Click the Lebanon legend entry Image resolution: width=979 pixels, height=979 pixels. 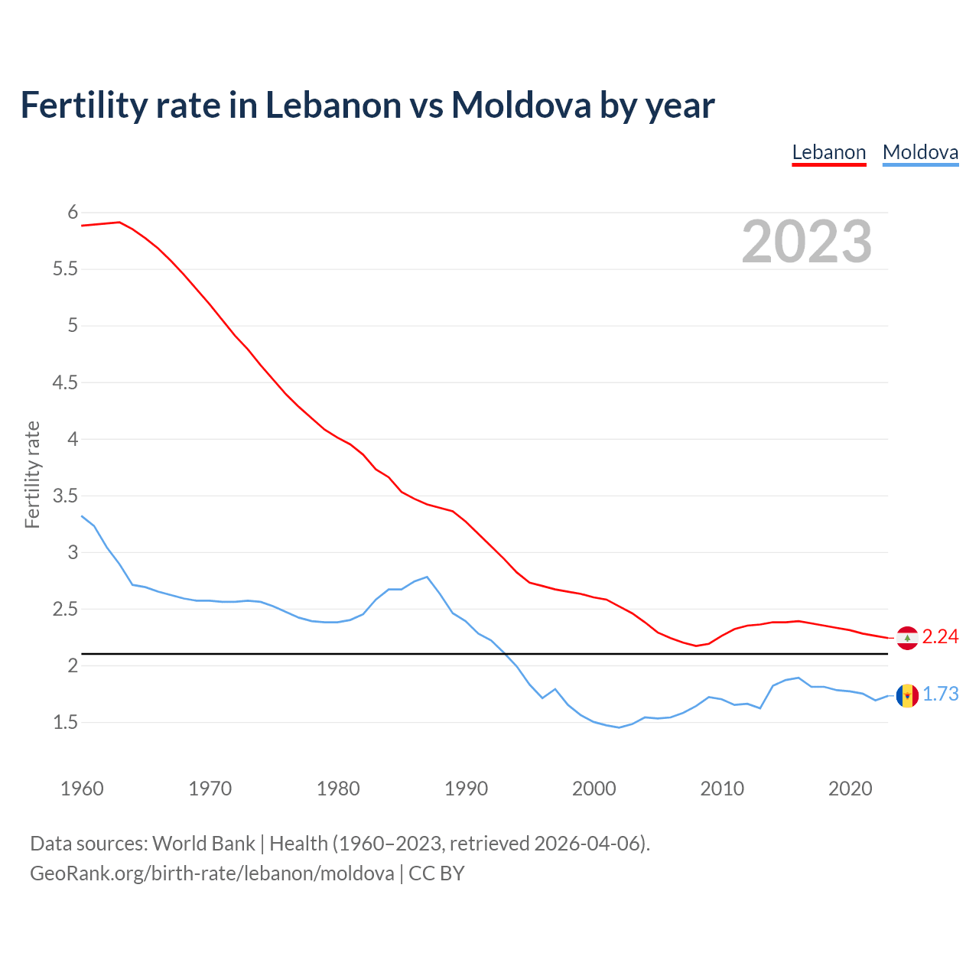(829, 152)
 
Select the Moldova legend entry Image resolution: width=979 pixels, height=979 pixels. (920, 152)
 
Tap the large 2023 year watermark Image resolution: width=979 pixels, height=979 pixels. (807, 242)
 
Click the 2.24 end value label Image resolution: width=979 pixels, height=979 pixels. (940, 637)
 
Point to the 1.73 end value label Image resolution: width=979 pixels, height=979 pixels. (940, 694)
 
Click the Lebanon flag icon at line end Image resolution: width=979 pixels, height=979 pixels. (907, 638)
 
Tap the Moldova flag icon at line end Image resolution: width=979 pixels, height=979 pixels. (907, 695)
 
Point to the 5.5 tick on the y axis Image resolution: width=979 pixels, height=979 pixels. (65, 269)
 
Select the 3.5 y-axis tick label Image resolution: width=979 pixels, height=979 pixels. (65, 496)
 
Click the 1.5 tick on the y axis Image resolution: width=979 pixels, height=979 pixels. (65, 723)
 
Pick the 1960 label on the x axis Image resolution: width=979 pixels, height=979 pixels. (82, 789)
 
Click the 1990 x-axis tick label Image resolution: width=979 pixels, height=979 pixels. (466, 789)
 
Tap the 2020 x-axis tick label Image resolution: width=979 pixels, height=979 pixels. (850, 789)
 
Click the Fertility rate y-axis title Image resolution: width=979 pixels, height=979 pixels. (32, 474)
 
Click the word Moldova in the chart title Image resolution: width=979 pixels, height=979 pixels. (521, 105)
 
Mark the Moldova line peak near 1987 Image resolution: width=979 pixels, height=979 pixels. (427, 577)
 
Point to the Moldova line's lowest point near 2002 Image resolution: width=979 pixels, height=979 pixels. (619, 727)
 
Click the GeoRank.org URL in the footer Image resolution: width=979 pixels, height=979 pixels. (212, 873)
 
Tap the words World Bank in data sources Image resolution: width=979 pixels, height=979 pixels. (203, 844)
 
